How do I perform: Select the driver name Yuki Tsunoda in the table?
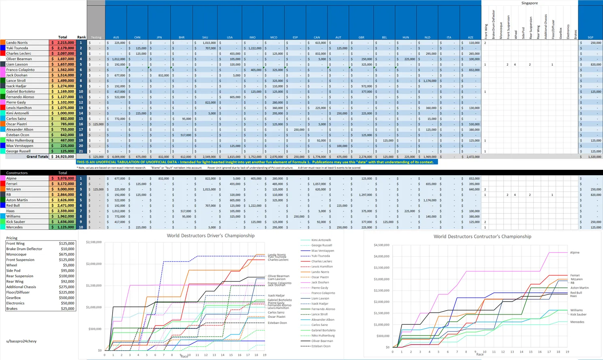click(17, 48)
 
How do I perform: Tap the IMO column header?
click(252, 37)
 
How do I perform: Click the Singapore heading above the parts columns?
click(529, 3)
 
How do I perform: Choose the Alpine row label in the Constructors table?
click(11, 178)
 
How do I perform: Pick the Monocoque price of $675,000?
click(66, 255)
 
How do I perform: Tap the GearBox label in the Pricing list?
click(13, 298)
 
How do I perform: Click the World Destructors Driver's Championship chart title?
click(211, 236)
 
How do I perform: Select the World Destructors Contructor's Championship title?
click(482, 236)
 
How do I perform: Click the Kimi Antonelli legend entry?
click(321, 240)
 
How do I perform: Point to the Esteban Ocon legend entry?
click(321, 346)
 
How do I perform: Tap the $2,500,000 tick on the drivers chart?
click(94, 242)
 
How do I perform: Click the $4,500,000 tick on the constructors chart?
click(381, 245)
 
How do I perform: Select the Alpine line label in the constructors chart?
click(575, 253)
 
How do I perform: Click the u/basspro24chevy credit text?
click(21, 341)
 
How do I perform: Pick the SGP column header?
click(590, 37)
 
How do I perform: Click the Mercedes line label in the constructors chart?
click(577, 322)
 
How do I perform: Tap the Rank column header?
click(81, 37)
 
